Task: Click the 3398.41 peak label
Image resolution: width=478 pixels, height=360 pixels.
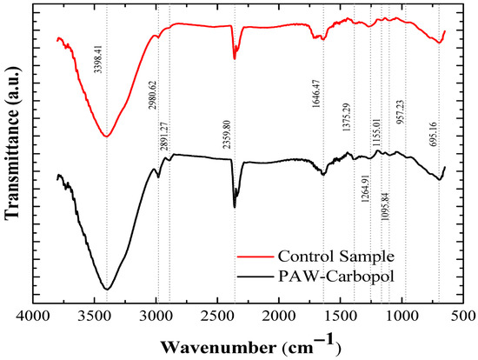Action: pos(98,59)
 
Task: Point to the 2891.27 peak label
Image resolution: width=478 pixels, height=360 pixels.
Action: pos(164,137)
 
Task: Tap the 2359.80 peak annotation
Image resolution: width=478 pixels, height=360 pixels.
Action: pos(227,134)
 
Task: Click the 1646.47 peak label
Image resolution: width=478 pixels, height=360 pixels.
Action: pos(316,94)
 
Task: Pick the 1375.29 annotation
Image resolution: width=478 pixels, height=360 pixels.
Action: pos(347,117)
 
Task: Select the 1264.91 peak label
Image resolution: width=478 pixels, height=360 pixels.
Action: pos(365,189)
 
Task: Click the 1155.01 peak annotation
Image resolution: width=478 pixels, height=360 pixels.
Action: pos(375,133)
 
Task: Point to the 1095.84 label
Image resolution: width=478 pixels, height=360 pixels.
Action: pos(385,207)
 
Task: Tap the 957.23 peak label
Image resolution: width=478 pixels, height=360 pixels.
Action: pos(400,112)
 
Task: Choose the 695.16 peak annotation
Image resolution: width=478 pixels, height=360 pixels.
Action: pos(434,135)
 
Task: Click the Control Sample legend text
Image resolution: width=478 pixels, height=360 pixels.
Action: pos(336,257)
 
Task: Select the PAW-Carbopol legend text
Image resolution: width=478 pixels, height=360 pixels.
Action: pos(336,277)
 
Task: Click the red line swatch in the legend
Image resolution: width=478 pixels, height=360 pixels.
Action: pos(256,257)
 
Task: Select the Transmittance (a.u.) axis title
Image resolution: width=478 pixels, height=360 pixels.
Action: pos(13,143)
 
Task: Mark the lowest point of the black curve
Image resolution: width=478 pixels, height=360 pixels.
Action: pos(107,289)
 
